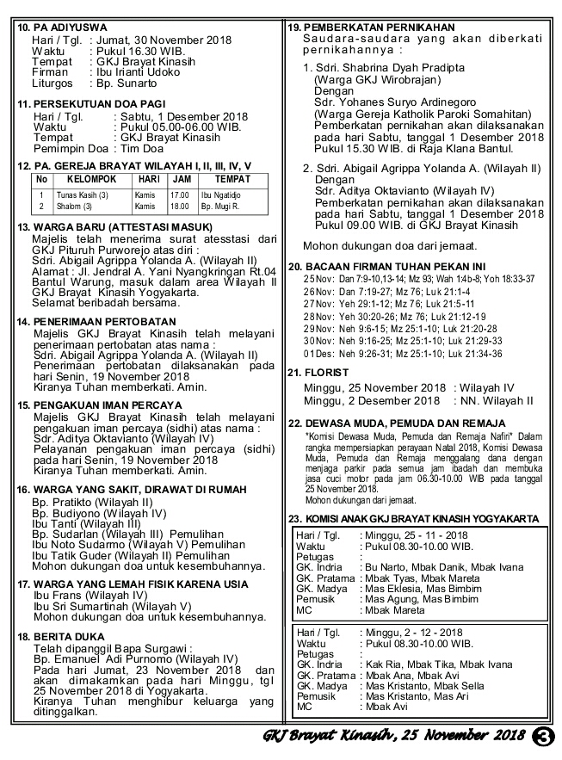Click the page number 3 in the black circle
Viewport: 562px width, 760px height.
click(542, 736)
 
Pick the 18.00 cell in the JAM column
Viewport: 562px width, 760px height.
click(180, 207)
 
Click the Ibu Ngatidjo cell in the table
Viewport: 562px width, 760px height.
click(222, 195)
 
